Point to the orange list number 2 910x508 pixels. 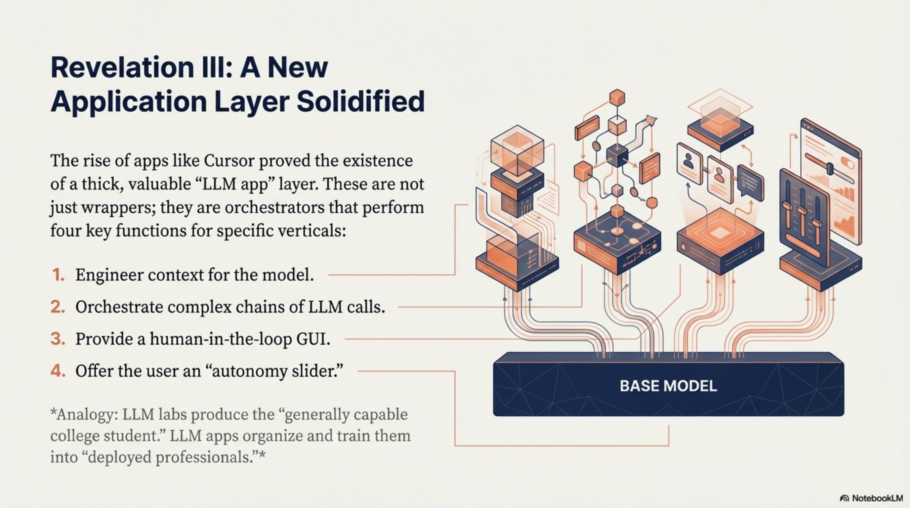(58, 307)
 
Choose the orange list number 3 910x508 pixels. (58, 338)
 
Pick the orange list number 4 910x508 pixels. (58, 370)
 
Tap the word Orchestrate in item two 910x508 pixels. (119, 307)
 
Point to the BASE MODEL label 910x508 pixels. (668, 386)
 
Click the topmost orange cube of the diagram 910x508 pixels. (617, 98)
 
